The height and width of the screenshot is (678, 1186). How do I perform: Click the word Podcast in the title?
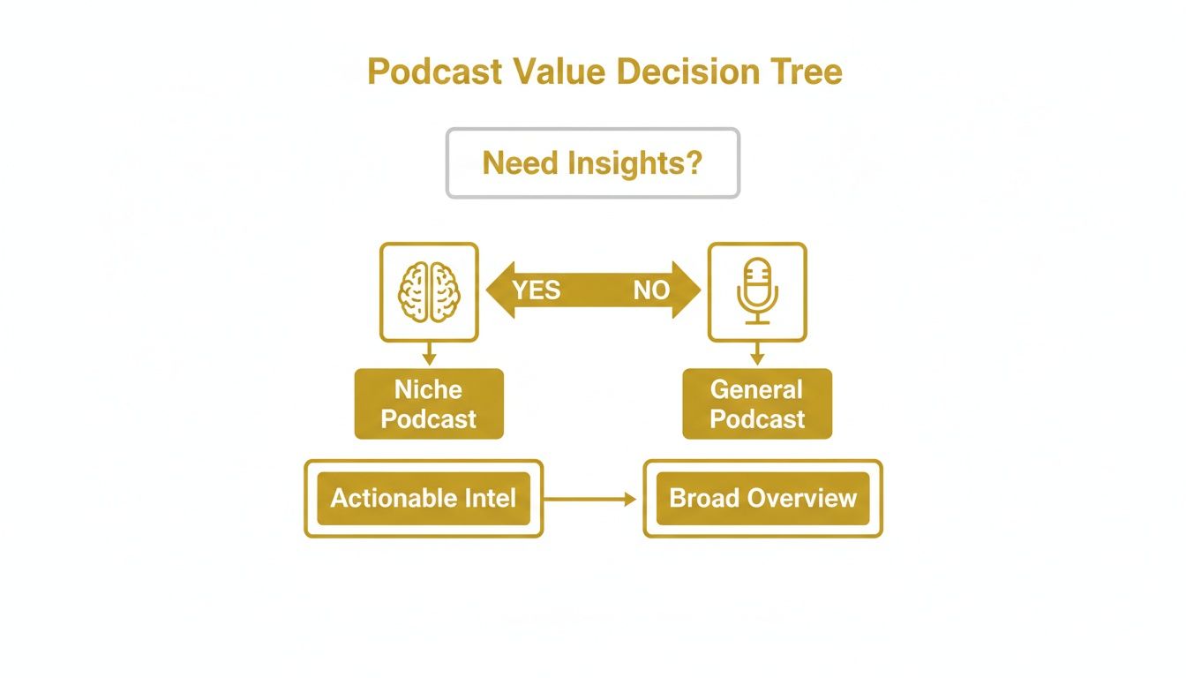(x=423, y=72)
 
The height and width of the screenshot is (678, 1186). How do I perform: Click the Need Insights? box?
(x=592, y=163)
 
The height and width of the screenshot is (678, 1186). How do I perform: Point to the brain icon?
(x=429, y=292)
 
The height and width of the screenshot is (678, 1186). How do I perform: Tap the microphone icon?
(x=756, y=292)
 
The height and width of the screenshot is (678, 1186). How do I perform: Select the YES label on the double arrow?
(x=537, y=290)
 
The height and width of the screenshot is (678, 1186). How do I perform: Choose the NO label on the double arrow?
(x=651, y=290)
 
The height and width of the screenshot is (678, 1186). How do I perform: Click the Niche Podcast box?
(x=429, y=404)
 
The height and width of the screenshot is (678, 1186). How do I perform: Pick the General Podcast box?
(x=757, y=404)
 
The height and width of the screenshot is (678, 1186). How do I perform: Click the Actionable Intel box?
(x=424, y=499)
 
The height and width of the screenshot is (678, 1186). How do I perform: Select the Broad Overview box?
(x=762, y=499)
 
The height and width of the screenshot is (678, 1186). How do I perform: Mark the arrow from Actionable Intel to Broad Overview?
(x=589, y=500)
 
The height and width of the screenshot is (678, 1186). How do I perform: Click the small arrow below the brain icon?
(x=429, y=355)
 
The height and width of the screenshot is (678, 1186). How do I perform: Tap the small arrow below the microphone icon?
(x=756, y=355)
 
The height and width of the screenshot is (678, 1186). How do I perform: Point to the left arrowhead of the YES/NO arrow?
(x=498, y=290)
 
